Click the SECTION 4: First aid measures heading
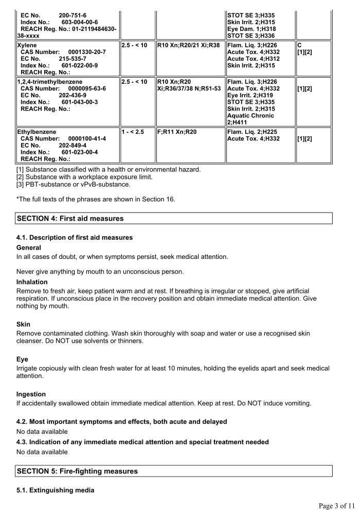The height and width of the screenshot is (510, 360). click(70, 218)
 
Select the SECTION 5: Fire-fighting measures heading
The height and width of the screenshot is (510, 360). click(77, 471)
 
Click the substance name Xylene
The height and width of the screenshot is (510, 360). click(28, 45)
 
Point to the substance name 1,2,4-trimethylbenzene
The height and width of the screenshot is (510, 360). click(49, 82)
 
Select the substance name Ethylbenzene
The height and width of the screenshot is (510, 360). click(37, 132)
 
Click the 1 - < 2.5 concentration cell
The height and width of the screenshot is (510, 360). click(133, 132)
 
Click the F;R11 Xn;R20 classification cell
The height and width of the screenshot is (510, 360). click(177, 132)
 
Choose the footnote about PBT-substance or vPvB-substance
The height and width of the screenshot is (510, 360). click(74, 184)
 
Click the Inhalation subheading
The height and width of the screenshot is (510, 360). click(32, 282)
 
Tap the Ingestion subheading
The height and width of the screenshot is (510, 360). click(31, 394)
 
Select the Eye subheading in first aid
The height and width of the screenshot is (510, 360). click(22, 359)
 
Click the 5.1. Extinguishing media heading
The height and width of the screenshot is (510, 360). click(55, 490)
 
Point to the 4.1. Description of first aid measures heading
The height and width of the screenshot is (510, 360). click(75, 237)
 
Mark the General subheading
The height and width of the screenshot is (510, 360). click(29, 248)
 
